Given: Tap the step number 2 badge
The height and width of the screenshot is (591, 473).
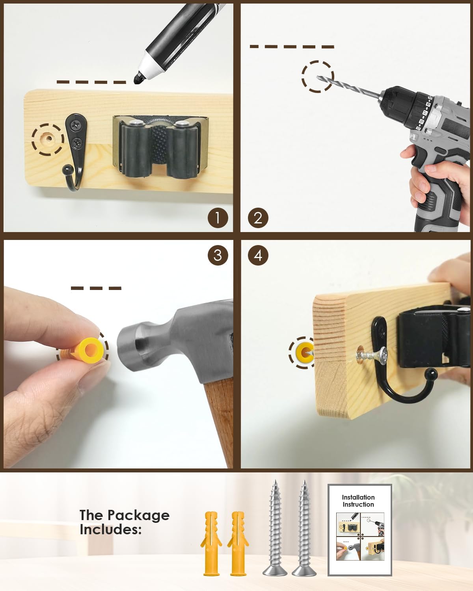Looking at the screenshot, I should point(258,217).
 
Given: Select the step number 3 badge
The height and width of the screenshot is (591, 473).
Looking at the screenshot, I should point(217,255).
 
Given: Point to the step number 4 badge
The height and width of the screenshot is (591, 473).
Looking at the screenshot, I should point(258,255).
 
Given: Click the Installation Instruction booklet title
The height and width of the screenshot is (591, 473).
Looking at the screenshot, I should point(358,501).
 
